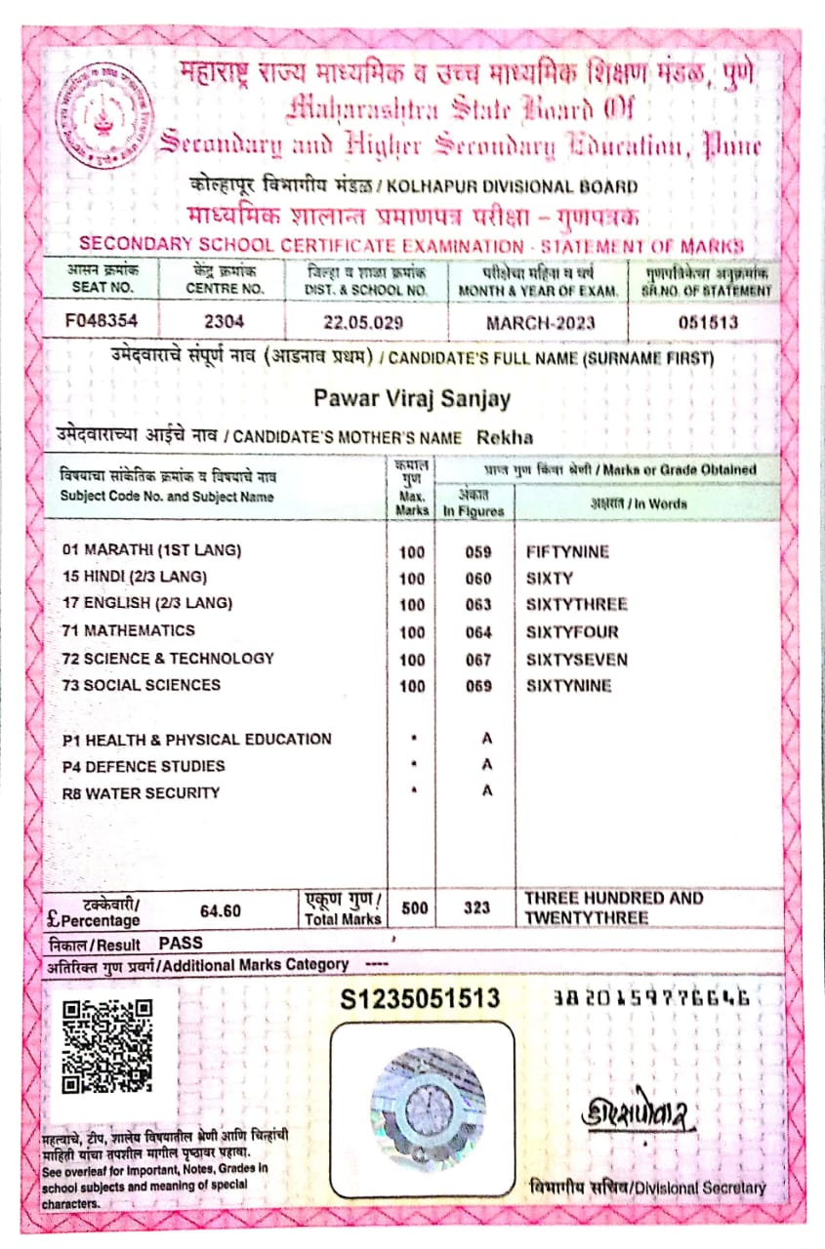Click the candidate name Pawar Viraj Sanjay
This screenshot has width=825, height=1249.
[412, 398]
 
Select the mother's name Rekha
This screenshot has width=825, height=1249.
[506, 438]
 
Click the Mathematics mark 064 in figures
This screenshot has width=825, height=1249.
[477, 632]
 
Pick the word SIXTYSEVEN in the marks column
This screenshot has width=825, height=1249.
[576, 660]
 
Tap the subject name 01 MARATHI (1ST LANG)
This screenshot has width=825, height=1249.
[150, 550]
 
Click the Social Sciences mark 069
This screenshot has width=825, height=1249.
[477, 686]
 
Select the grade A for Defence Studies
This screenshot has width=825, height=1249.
[486, 766]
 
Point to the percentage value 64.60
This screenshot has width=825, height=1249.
[220, 910]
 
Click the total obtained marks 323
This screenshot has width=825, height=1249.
[476, 907]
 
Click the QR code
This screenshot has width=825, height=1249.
[107, 1047]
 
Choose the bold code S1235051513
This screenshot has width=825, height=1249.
[420, 998]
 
